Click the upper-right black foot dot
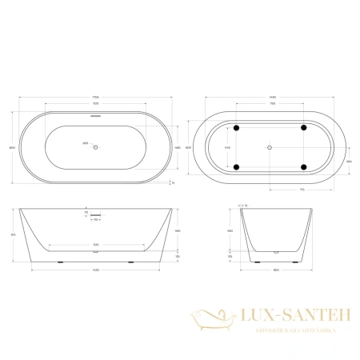pos(304,129)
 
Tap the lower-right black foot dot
pos(304,166)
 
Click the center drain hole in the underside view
pos(270,147)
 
